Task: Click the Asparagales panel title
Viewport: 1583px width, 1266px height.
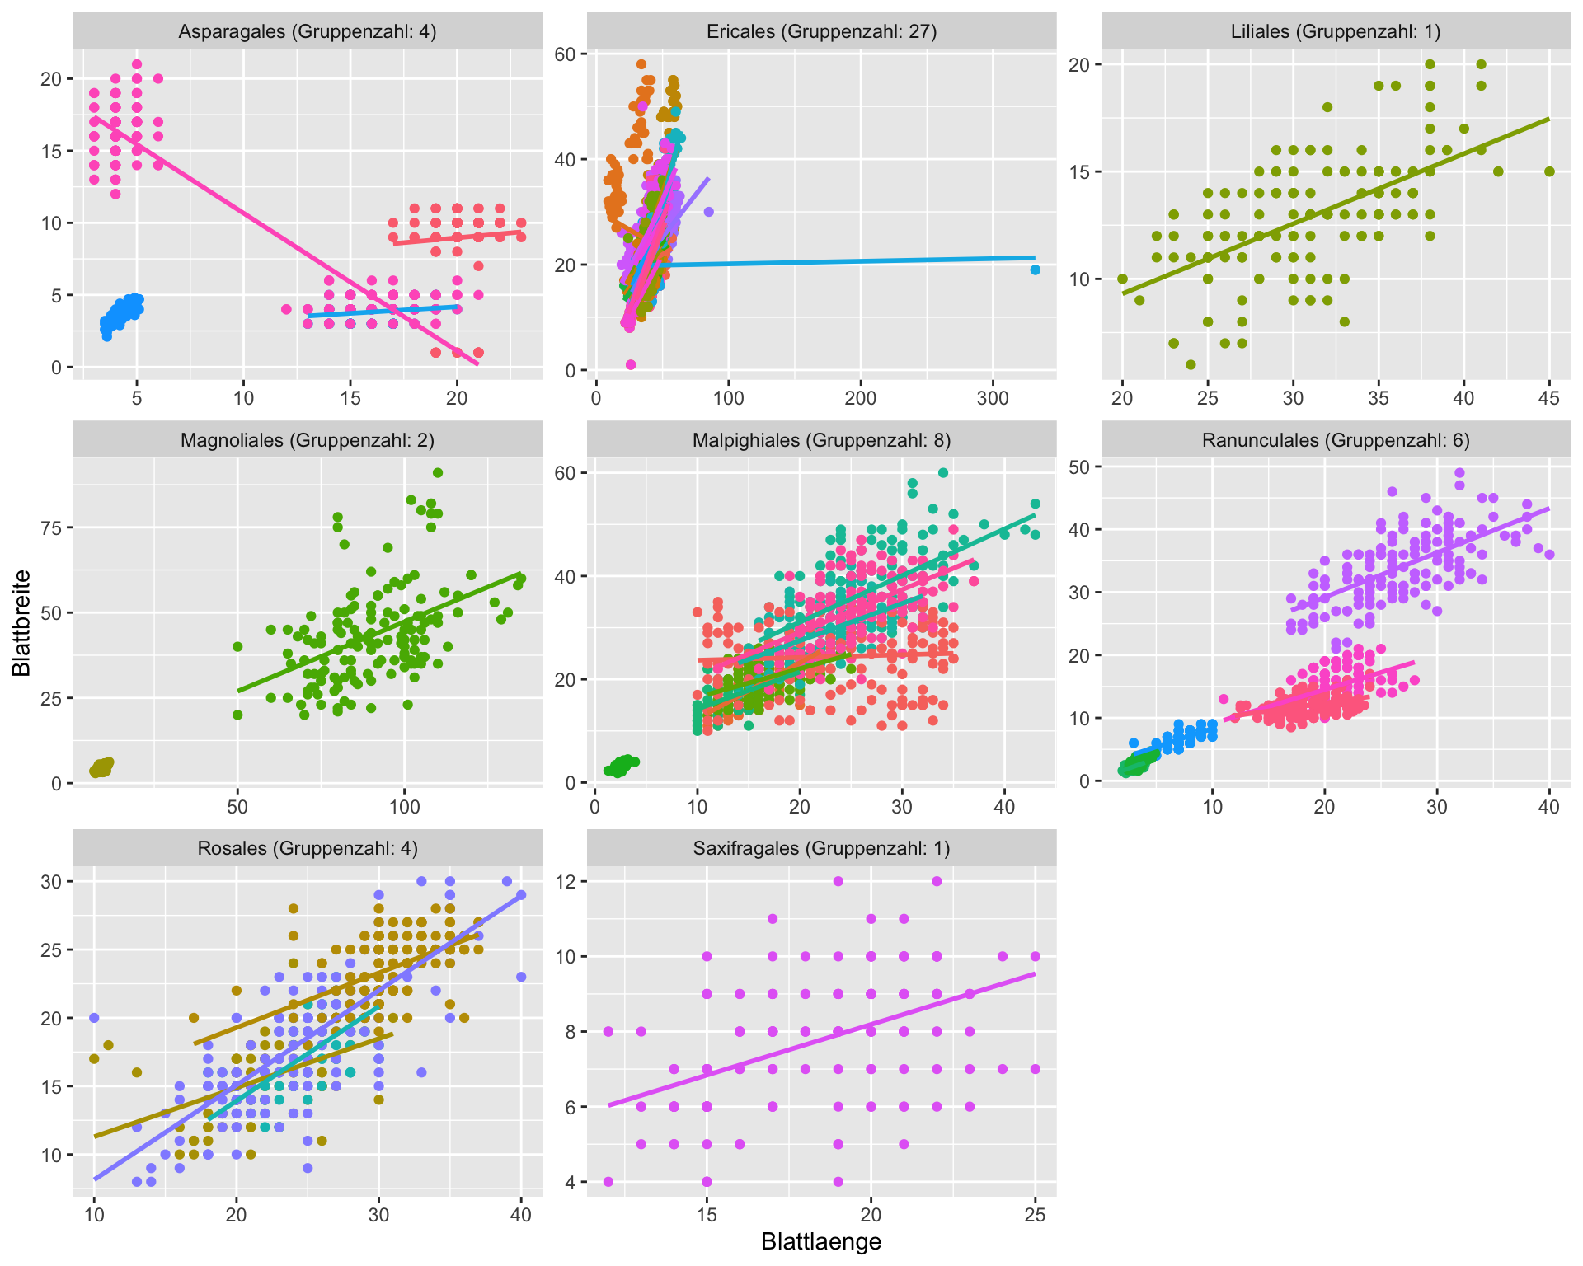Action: (x=307, y=32)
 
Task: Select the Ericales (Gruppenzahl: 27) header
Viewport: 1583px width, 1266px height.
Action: (x=821, y=32)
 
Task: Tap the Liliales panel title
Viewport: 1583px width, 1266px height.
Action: (x=1335, y=32)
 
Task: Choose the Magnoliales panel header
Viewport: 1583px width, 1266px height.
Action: (x=307, y=440)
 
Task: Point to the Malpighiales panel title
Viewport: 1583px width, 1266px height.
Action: (x=821, y=440)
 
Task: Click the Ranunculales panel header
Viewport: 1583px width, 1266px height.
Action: (x=1335, y=440)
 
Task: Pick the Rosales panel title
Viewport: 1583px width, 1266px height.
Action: (x=307, y=848)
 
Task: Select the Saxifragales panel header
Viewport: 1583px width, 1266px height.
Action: (x=821, y=848)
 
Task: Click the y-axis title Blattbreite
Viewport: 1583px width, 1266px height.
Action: (x=21, y=623)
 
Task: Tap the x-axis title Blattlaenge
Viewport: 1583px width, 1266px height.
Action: (x=821, y=1242)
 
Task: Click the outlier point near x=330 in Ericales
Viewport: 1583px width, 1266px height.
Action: (x=1035, y=270)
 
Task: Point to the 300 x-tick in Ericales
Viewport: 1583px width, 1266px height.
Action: (x=993, y=398)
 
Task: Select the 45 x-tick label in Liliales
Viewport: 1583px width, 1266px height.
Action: (x=1549, y=398)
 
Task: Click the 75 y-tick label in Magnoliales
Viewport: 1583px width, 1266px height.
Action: (x=51, y=527)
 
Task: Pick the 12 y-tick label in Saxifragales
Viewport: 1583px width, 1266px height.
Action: (x=566, y=881)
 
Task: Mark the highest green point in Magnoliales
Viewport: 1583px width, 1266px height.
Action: (x=438, y=472)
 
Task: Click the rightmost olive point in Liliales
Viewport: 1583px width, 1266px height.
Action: (x=1549, y=171)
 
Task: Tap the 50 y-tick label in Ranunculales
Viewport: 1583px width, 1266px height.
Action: (x=1079, y=467)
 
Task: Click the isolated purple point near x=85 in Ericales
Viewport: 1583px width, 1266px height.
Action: (x=708, y=212)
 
